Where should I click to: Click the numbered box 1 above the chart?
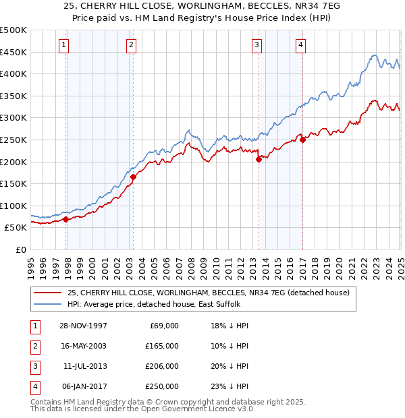pyautogui.click(x=64, y=45)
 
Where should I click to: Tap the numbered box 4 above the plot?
pyautogui.click(x=300, y=45)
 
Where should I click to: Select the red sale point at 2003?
pyautogui.click(x=133, y=177)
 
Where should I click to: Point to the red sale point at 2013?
pyautogui.click(x=259, y=159)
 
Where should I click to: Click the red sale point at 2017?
pyautogui.click(x=302, y=140)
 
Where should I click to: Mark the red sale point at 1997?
pyautogui.click(x=65, y=219)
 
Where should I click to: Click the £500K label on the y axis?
pyautogui.click(x=13, y=30)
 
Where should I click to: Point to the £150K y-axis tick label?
pyautogui.click(x=13, y=183)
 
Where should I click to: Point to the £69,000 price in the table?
pyautogui.click(x=164, y=325)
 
